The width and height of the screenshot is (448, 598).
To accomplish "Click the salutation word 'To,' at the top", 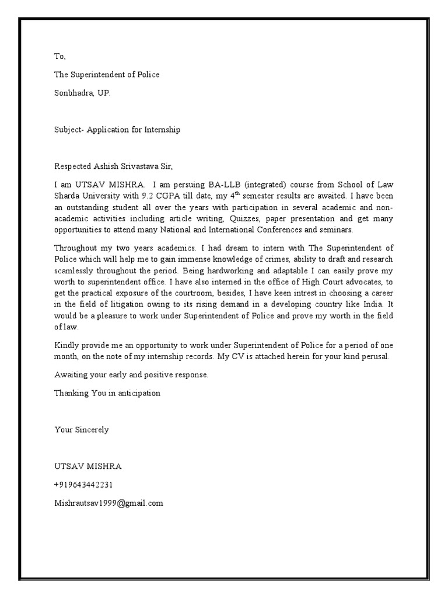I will point(61,57).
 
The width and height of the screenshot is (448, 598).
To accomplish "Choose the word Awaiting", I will point(72,374).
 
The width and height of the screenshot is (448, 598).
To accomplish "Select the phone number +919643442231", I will point(83,485).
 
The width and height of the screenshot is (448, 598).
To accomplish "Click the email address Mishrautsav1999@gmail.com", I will point(108,503).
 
